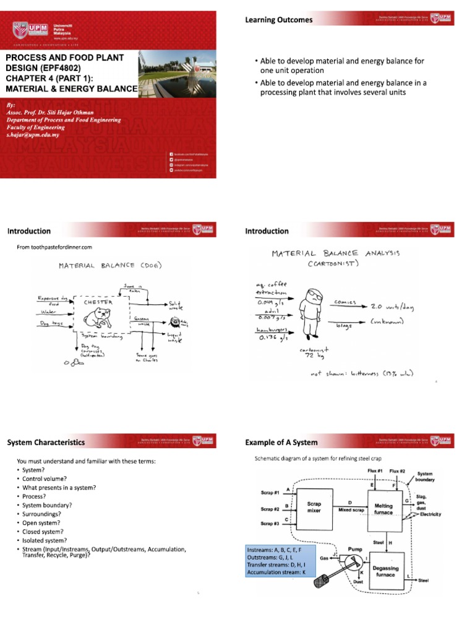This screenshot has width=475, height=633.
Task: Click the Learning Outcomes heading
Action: click(x=279, y=20)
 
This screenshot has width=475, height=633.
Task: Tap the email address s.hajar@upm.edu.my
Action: click(x=34, y=134)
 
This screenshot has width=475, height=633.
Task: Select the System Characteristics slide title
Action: click(x=46, y=442)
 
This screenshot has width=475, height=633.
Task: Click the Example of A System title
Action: click(x=281, y=442)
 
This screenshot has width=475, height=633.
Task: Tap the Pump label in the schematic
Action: click(x=354, y=548)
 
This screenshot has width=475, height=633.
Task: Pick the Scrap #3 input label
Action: click(x=270, y=524)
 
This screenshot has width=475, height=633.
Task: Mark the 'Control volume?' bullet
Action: click(x=43, y=478)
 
